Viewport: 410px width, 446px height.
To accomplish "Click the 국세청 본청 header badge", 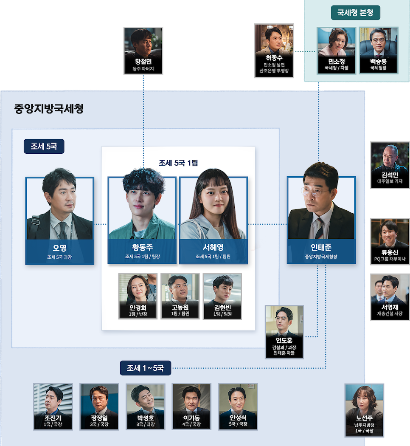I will tap(355, 13).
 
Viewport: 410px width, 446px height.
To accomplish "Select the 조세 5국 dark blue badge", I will tap(44, 147).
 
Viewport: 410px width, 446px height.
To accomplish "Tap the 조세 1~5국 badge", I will tap(145, 368).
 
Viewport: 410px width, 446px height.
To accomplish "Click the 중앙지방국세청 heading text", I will tap(49, 109).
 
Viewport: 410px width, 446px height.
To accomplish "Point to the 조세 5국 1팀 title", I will tap(178, 162).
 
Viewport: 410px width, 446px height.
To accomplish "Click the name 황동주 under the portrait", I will tap(142, 247).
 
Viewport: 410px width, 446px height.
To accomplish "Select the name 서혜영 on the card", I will tap(213, 247).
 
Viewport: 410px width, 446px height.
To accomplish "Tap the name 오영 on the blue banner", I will tap(59, 247).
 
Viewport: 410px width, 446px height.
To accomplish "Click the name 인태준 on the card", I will tap(321, 247).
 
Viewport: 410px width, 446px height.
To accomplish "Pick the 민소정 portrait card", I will tap(336, 50).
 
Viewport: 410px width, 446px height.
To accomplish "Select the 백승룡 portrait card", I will tap(378, 50).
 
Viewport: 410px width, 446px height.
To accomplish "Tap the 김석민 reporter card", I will tap(390, 165).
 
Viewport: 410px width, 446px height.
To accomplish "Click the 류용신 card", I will tap(390, 241).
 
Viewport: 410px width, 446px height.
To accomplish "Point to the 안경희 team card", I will tap(138, 296).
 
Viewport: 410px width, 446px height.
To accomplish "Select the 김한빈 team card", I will tap(222, 296).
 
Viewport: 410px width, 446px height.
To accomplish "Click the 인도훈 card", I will tap(284, 332).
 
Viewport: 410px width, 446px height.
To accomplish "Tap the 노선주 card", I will tap(365, 410).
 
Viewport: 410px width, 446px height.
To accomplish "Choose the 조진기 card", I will tap(53, 406).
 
